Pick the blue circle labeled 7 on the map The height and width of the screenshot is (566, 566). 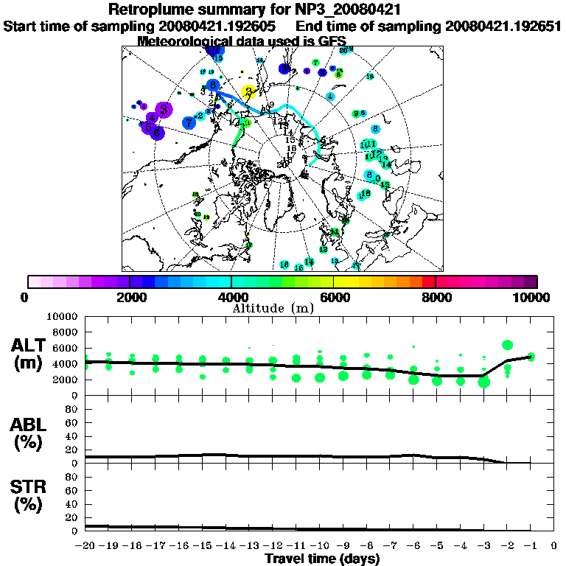pyautogui.click(x=189, y=122)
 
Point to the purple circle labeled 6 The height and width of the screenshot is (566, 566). pyautogui.click(x=157, y=131)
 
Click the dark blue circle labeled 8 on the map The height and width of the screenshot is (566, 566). pyautogui.click(x=213, y=85)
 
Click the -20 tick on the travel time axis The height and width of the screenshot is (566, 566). pyautogui.click(x=86, y=546)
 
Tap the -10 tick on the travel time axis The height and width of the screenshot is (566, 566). pyautogui.click(x=320, y=546)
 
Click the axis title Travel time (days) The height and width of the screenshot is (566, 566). pyautogui.click(x=321, y=559)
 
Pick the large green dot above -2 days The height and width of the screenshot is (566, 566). pyautogui.click(x=507, y=345)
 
